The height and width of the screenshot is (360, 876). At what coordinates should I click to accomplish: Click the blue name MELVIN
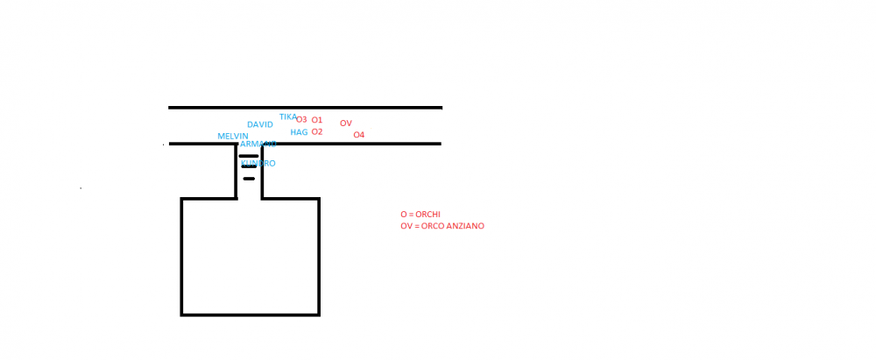[233, 136]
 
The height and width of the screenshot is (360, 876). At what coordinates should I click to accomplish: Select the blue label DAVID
[260, 124]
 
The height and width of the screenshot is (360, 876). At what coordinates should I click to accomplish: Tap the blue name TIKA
[288, 116]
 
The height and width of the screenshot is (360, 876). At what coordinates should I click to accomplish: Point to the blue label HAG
[299, 132]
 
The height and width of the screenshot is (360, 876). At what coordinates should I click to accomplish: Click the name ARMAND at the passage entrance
[258, 144]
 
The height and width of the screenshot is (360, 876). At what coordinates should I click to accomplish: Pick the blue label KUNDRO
[258, 164]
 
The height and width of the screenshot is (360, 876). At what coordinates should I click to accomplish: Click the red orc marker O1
[317, 120]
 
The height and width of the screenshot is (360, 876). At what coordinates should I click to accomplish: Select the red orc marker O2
[317, 132]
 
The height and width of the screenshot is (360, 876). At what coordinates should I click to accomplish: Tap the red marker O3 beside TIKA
[301, 120]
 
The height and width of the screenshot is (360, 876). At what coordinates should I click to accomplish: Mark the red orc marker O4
[359, 135]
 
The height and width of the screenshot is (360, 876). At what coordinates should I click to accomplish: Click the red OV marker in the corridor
[346, 124]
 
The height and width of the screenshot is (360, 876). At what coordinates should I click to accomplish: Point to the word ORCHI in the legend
[427, 215]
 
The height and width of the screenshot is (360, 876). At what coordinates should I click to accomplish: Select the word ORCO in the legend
[432, 226]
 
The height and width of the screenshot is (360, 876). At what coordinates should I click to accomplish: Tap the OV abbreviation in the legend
[406, 226]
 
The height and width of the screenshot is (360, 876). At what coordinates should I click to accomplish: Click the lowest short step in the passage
[249, 179]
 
